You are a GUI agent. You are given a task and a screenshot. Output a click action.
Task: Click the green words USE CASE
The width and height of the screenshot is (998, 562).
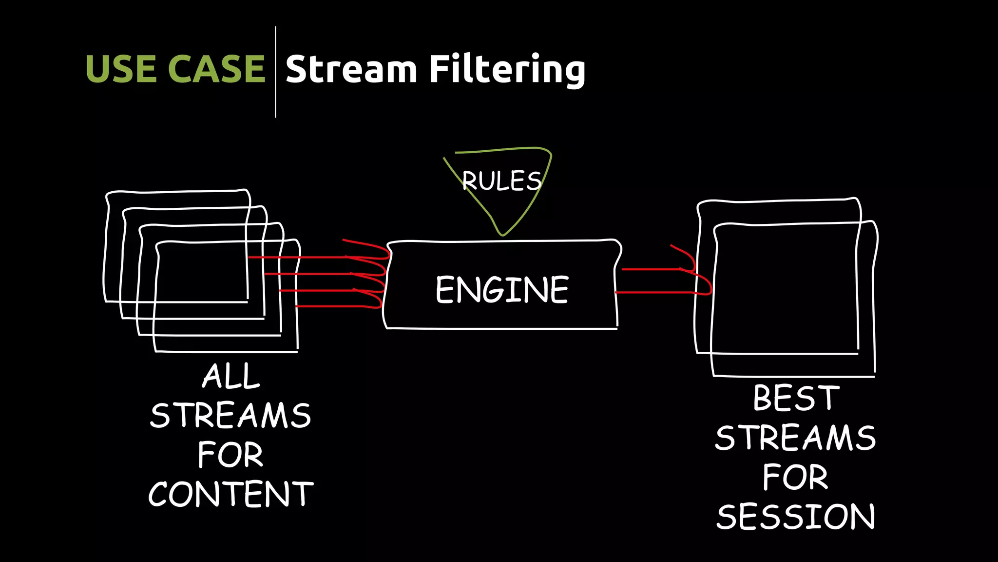pyautogui.click(x=175, y=69)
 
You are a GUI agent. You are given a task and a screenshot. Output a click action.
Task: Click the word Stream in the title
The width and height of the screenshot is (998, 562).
pyautogui.click(x=351, y=69)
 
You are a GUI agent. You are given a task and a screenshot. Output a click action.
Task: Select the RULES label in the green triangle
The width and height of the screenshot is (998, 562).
pyautogui.click(x=501, y=181)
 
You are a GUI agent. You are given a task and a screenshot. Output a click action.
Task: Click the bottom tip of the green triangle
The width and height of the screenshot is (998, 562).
pyautogui.click(x=502, y=235)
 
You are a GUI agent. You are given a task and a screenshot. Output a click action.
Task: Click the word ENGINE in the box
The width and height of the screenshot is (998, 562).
pyautogui.click(x=502, y=290)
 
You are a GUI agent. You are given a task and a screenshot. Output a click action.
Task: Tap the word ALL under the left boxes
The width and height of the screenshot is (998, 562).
pyautogui.click(x=231, y=376)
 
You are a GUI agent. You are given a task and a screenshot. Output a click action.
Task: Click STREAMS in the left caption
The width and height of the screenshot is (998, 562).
pyautogui.click(x=230, y=416)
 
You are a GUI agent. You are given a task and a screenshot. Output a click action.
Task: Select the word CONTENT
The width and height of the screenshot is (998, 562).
pyautogui.click(x=230, y=494)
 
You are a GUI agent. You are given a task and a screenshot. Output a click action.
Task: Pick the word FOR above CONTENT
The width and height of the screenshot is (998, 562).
pyautogui.click(x=230, y=455)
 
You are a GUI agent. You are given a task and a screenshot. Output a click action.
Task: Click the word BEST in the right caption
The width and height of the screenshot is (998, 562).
pyautogui.click(x=796, y=398)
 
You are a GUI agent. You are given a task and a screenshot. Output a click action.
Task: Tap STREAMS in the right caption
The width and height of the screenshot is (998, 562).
pyautogui.click(x=795, y=438)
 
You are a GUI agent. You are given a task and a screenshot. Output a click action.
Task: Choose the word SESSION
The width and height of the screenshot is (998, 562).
pyautogui.click(x=796, y=517)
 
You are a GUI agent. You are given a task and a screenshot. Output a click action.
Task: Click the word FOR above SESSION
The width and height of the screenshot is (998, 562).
pyautogui.click(x=795, y=477)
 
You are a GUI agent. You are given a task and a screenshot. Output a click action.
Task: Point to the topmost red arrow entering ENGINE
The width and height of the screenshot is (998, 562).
pyautogui.click(x=317, y=257)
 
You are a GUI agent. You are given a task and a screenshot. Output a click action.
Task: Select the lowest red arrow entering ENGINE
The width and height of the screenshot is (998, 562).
pyautogui.click(x=336, y=306)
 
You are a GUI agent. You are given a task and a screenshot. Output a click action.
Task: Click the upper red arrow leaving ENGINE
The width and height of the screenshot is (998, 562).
pyautogui.click(x=653, y=269)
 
